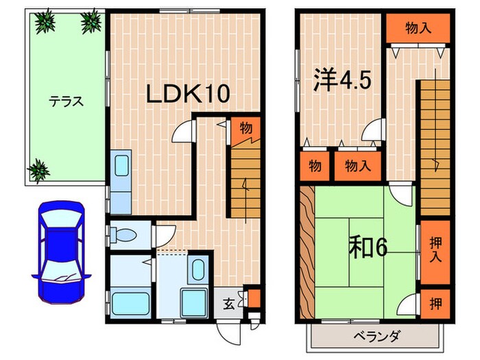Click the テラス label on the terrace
[x=66, y=101]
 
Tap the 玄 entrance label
[x=230, y=301]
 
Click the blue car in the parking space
[x=60, y=251]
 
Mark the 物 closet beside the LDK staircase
[x=245, y=128]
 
